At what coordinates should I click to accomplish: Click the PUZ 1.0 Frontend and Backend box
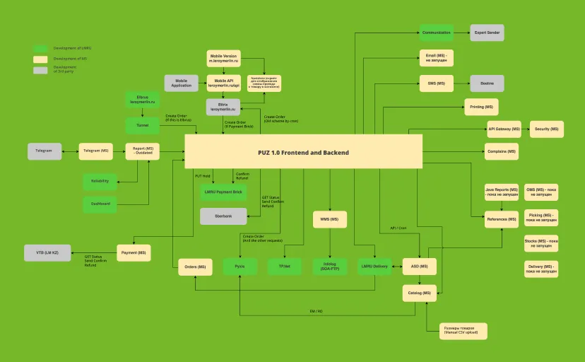click(x=303, y=152)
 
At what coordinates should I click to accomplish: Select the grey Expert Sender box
click(x=487, y=33)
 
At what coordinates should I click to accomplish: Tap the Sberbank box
click(x=223, y=216)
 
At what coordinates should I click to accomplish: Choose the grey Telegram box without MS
click(x=45, y=151)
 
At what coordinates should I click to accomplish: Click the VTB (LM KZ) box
click(x=47, y=252)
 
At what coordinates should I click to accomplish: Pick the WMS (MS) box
click(x=329, y=219)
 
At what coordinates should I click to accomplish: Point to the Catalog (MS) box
click(x=419, y=292)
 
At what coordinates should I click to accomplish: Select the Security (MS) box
click(x=547, y=129)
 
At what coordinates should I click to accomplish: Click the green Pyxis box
click(x=240, y=267)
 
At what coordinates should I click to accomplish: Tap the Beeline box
click(x=487, y=83)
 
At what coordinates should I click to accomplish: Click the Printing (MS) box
click(x=481, y=107)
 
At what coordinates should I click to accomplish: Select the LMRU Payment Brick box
click(x=223, y=192)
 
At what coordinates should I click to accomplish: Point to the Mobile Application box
click(x=182, y=83)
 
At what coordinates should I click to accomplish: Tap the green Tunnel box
click(x=143, y=126)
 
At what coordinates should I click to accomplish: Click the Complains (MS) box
click(x=502, y=151)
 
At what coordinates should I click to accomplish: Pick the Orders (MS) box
click(x=196, y=267)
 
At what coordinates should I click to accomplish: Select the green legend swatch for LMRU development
click(x=40, y=49)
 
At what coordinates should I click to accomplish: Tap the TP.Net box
click(x=285, y=267)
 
